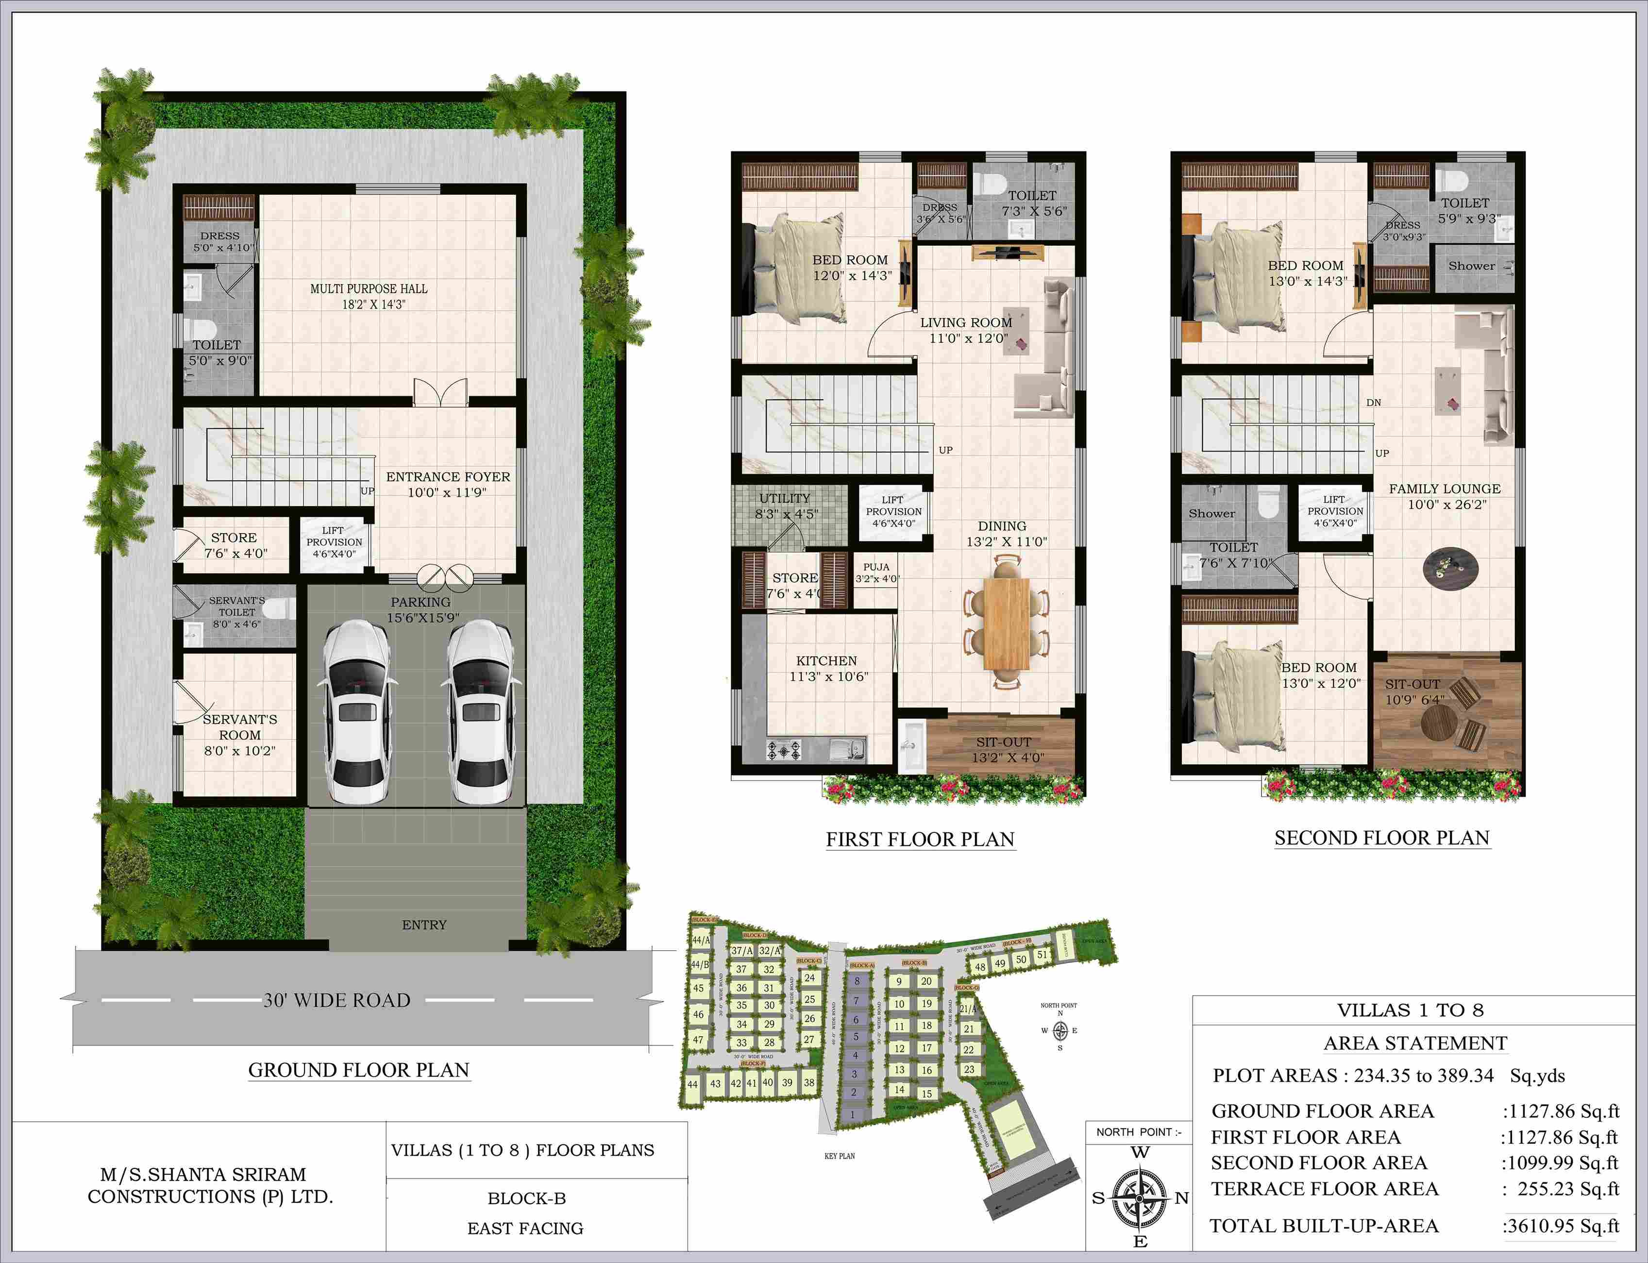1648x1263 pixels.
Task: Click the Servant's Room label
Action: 240,735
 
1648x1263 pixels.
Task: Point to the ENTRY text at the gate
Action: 424,925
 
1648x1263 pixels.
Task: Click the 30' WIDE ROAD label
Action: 337,1000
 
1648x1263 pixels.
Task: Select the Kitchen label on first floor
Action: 827,668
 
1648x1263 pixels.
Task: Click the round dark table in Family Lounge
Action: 1451,568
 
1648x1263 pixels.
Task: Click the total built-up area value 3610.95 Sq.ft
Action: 1561,1226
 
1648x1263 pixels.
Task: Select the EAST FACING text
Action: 525,1229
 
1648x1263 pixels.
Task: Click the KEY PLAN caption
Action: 840,1156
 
